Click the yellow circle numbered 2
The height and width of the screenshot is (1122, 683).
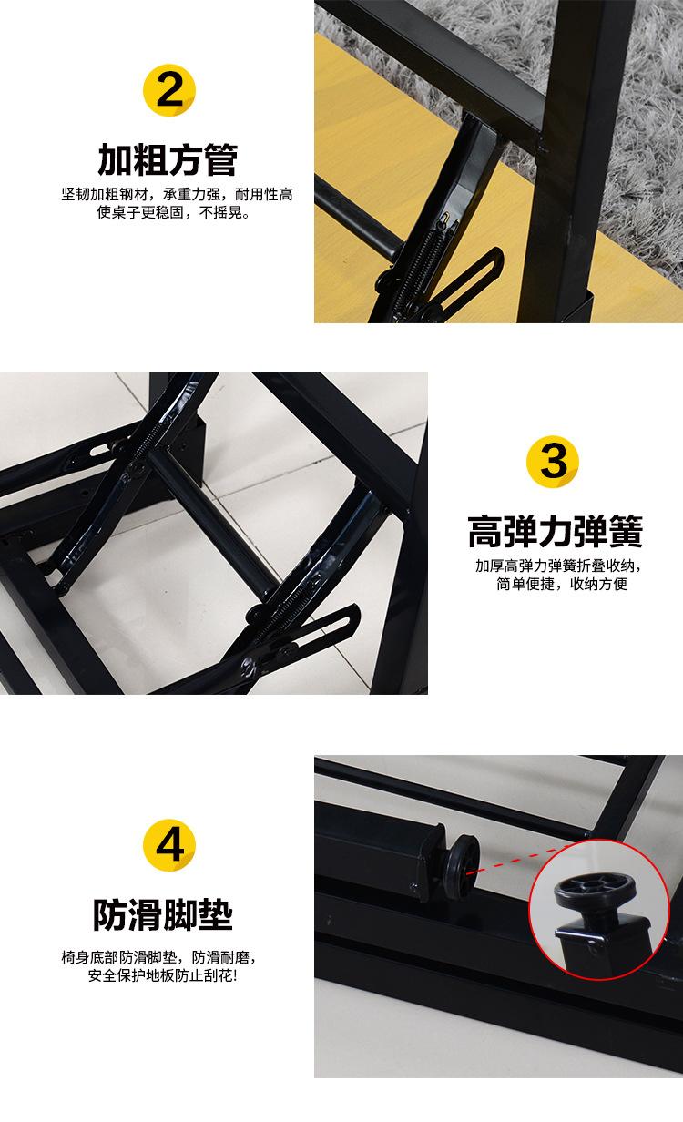(x=168, y=90)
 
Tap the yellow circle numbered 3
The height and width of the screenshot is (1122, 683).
(x=552, y=462)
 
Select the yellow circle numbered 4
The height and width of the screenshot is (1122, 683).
(x=168, y=845)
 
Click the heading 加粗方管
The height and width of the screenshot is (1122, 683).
(x=168, y=159)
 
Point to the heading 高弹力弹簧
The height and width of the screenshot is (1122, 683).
(x=555, y=531)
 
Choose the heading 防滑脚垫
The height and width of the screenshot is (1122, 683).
(x=163, y=914)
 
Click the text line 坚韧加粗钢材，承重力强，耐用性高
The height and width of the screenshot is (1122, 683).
(x=177, y=194)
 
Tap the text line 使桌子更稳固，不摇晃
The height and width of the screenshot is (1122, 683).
(x=173, y=212)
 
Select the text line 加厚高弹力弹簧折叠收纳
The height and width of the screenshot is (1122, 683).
(x=557, y=566)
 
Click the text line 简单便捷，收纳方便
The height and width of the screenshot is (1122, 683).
(x=561, y=584)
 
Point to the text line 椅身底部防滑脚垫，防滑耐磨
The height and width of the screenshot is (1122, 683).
(x=158, y=957)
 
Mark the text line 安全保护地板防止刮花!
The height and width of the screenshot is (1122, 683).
(x=163, y=975)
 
